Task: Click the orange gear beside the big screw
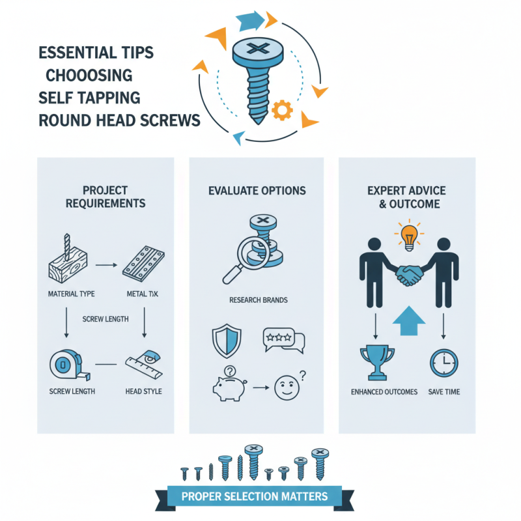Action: pyautogui.click(x=282, y=110)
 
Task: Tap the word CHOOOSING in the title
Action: pyautogui.click(x=89, y=76)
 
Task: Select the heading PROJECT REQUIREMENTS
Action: pyautogui.click(x=106, y=197)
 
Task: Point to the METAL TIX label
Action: pyautogui.click(x=142, y=294)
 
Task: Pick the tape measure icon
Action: pyautogui.click(x=70, y=365)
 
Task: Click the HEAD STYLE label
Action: pyautogui.click(x=143, y=391)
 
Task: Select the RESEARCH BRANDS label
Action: pyautogui.click(x=259, y=300)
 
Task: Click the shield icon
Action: pyautogui.click(x=227, y=341)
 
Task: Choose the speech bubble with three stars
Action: pyautogui.click(x=283, y=340)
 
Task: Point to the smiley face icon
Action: pyautogui.click(x=287, y=387)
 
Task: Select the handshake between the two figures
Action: pyautogui.click(x=409, y=275)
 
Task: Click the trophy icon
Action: pyautogui.click(x=377, y=363)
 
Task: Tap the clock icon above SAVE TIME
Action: pyautogui.click(x=444, y=363)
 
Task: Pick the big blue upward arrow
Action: pyautogui.click(x=409, y=320)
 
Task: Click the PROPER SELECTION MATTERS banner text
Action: pyautogui.click(x=255, y=496)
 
